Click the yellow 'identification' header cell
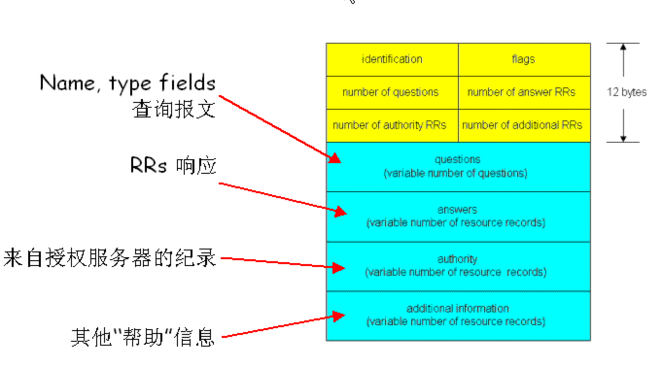click(392, 59)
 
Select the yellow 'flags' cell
click(523, 59)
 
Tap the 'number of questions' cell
click(390, 92)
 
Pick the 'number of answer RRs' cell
click(521, 92)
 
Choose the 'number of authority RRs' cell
click(389, 125)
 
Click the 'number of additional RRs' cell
click(522, 125)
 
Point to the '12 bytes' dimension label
click(627, 92)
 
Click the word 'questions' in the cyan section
click(457, 160)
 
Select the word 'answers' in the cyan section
click(457, 210)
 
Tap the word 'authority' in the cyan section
click(457, 259)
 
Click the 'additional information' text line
click(457, 309)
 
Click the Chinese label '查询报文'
click(173, 110)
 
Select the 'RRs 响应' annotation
click(173, 166)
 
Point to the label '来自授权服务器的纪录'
click(109, 258)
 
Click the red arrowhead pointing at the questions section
click(335, 159)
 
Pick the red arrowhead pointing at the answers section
click(341, 211)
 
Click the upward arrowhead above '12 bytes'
click(623, 47)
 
